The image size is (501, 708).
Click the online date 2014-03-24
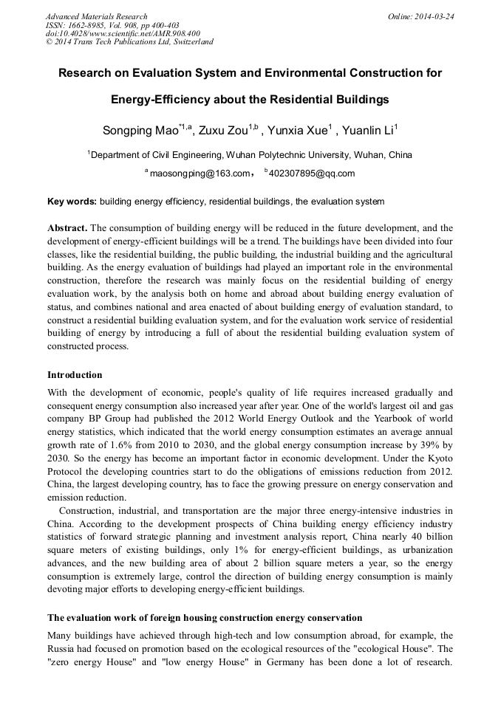(x=434, y=16)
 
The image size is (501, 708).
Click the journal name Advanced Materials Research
(x=97, y=16)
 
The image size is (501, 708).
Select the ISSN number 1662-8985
(x=89, y=25)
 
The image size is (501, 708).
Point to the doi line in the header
(x=123, y=33)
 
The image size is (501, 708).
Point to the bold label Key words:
(x=72, y=202)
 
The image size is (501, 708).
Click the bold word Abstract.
(x=67, y=228)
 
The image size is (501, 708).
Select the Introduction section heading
(x=75, y=375)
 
